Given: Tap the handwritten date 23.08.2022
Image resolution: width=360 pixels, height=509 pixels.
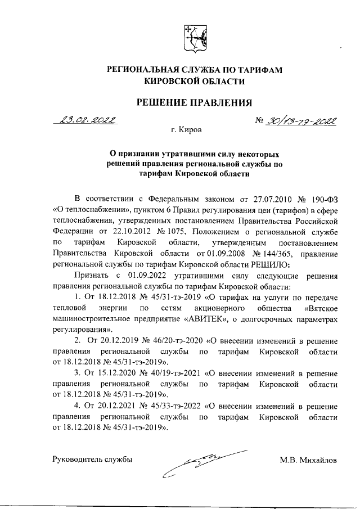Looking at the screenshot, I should pos(88,120).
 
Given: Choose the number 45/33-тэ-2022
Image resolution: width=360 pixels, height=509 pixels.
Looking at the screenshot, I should pos(169,407).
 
